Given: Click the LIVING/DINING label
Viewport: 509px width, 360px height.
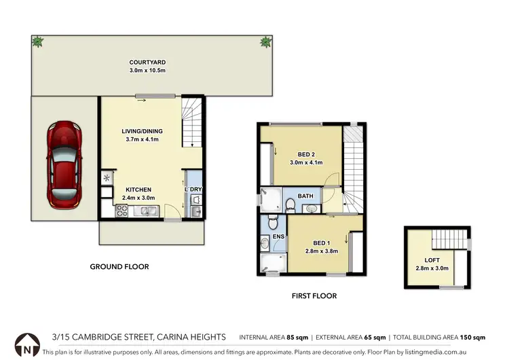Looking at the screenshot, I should [142, 131].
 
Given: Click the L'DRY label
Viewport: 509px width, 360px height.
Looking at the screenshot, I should [195, 190].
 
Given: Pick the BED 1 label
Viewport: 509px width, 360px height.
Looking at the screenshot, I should [322, 242].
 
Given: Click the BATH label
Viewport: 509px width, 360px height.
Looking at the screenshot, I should [305, 196].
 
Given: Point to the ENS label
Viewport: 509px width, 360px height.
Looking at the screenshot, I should [278, 236].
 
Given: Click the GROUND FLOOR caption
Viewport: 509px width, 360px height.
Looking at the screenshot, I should [119, 267].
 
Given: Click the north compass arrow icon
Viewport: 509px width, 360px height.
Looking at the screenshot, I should [26, 346].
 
